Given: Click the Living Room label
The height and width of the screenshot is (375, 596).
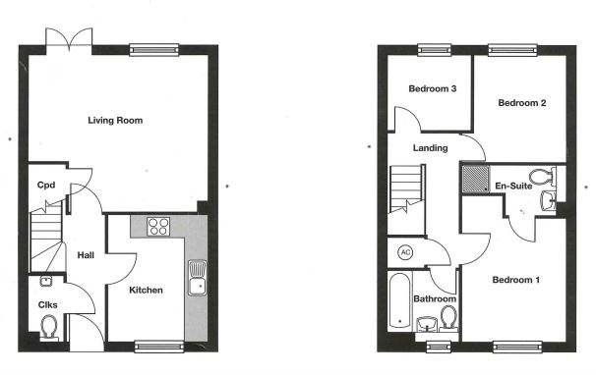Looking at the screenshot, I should [x=115, y=121].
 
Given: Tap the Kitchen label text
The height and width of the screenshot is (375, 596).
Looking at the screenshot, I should [x=146, y=290].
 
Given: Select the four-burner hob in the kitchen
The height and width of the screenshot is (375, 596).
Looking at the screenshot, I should [x=158, y=227].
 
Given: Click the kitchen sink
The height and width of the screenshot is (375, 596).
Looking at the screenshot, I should [x=197, y=276].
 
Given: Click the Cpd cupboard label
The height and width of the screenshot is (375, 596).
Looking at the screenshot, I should [x=45, y=185].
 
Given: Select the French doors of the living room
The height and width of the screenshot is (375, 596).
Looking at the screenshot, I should [x=71, y=42].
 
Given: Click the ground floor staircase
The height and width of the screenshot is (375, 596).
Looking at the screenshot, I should [x=43, y=241].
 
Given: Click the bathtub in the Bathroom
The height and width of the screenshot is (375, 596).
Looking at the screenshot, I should [x=399, y=300].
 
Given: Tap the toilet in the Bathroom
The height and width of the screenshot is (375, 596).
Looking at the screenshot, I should [x=448, y=318].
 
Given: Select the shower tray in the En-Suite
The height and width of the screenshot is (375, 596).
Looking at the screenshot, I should [x=476, y=180].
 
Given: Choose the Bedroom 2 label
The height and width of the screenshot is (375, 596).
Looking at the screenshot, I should [x=521, y=103].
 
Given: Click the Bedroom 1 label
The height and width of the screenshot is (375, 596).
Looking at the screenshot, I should [x=515, y=280].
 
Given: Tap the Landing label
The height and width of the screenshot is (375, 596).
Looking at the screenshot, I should [x=431, y=148].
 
